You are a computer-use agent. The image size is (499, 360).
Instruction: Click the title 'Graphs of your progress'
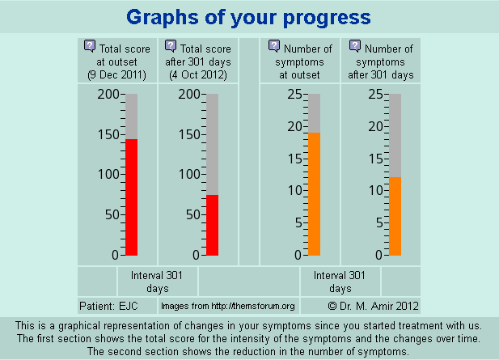(249, 17)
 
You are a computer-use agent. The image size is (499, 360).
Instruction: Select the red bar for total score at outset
(132, 197)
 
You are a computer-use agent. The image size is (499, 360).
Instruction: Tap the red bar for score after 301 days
(212, 225)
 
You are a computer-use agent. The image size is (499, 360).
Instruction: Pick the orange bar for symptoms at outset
(314, 193)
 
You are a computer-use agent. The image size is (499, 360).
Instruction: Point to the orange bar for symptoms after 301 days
(395, 216)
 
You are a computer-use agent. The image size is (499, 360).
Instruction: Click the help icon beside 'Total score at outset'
(90, 47)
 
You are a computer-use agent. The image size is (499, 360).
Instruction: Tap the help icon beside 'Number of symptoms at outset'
(274, 47)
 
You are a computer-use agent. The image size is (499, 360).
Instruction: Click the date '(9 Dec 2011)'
(117, 75)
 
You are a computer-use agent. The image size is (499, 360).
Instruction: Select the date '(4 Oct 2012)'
(198, 75)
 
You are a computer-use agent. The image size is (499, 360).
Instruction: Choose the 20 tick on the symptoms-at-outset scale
(294, 126)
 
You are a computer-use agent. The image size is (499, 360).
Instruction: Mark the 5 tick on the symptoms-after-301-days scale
(376, 223)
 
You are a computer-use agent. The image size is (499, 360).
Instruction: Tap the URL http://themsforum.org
(228, 307)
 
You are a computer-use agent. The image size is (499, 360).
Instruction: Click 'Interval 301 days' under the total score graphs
(157, 282)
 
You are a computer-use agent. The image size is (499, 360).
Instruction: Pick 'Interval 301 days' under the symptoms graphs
(340, 282)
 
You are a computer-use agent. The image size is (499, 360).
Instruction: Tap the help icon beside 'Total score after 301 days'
(171, 47)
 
